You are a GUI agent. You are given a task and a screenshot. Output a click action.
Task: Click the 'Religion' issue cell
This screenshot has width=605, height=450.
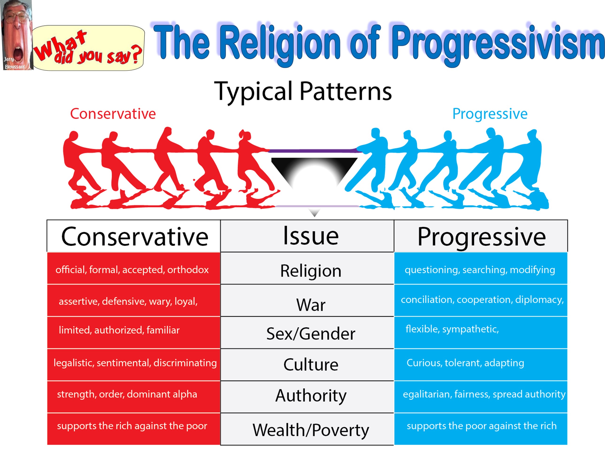coord(307,268)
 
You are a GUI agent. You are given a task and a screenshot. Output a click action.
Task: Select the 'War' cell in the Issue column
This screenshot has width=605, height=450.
coord(307,300)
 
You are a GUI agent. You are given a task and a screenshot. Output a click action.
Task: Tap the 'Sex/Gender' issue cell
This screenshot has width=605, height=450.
coord(307,333)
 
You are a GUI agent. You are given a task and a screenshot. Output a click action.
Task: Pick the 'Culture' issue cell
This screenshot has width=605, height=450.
coord(307,365)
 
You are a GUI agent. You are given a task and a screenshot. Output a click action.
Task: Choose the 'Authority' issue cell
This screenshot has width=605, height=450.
coord(307,397)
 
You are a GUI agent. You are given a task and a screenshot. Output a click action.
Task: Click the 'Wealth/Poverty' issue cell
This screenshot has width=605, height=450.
coord(307,429)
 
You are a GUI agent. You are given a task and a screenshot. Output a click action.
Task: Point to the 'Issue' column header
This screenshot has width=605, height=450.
coord(307,236)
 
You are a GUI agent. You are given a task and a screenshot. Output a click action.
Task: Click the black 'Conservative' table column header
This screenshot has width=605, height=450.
coord(133,236)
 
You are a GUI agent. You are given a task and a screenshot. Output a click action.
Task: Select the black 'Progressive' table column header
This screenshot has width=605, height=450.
coord(481,236)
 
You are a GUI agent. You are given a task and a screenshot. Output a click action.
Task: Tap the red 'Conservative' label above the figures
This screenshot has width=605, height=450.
coord(113,114)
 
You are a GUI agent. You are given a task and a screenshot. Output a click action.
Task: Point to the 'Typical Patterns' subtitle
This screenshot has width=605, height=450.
coord(303,92)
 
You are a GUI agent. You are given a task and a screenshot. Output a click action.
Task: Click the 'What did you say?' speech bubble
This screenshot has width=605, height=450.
coord(89,48)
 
